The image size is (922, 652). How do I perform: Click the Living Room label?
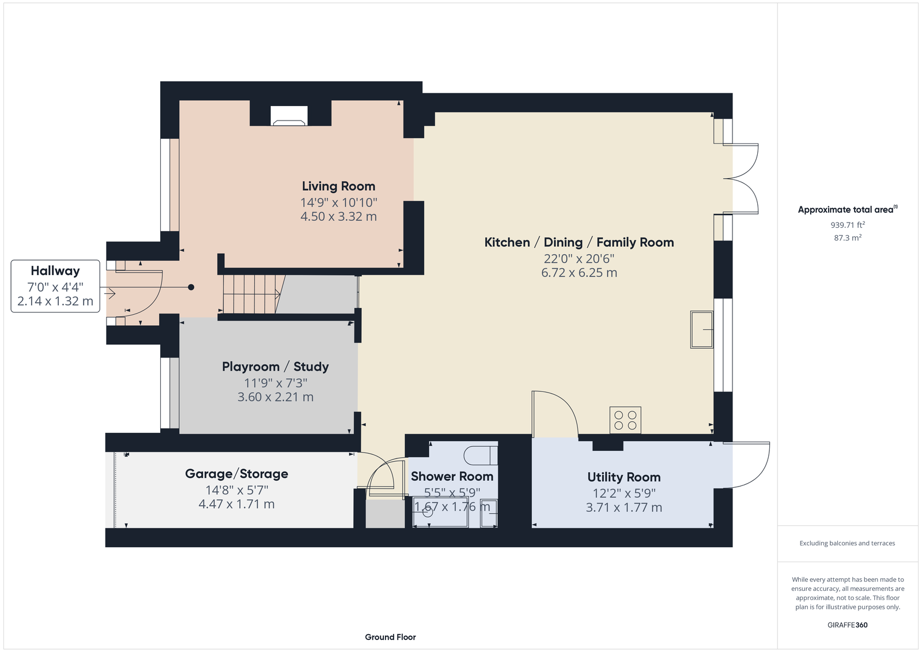point(338,186)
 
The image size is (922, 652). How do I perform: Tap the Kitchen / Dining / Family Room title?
point(579,242)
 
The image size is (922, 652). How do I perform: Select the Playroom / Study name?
point(275,367)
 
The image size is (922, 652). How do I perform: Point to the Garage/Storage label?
point(236,474)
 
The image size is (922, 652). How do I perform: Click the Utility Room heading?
point(624,477)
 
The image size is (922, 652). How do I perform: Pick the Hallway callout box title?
point(55,270)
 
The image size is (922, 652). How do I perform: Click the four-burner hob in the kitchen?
point(625,420)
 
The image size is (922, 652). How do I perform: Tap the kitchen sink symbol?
point(702,330)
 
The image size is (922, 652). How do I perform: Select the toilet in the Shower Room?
point(481,455)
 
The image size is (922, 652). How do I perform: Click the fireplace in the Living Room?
point(289,116)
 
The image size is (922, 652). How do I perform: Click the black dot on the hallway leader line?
point(191,287)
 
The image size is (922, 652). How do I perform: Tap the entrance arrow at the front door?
point(110,293)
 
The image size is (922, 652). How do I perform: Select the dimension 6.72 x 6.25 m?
point(579,273)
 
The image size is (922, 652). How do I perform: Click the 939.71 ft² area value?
point(848,225)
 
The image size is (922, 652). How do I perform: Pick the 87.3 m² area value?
point(848,238)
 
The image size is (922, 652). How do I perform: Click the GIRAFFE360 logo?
point(848,625)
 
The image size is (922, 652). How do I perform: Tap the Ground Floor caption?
point(390,637)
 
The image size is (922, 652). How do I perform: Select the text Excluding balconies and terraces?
point(847,543)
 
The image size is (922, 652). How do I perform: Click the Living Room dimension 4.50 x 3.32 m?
point(338,216)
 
